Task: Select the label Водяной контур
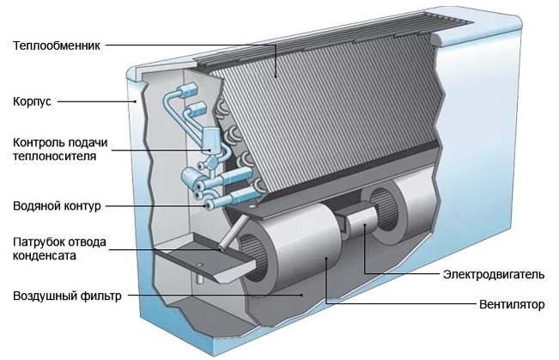[x=58, y=207]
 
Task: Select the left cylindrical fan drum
[x=283, y=258]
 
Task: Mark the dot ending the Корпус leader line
[x=134, y=102]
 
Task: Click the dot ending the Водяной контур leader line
[x=204, y=206]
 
